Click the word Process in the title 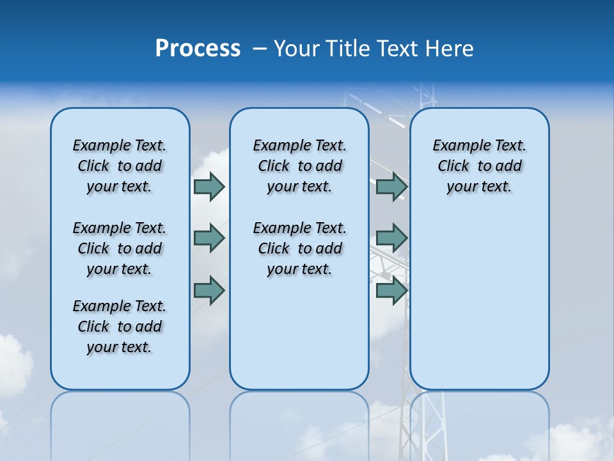pyautogui.click(x=198, y=49)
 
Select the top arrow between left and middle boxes pyautogui.click(x=209, y=186)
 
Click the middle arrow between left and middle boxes pyautogui.click(x=209, y=238)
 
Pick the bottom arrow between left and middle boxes pyautogui.click(x=209, y=291)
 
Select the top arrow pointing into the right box pyautogui.click(x=391, y=186)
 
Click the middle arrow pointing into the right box pyautogui.click(x=391, y=238)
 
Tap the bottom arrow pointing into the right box pyautogui.click(x=391, y=291)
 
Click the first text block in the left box pyautogui.click(x=120, y=166)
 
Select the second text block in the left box pyautogui.click(x=120, y=248)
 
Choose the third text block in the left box pyautogui.click(x=120, y=327)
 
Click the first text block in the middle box pyautogui.click(x=299, y=166)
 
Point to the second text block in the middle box pyautogui.click(x=299, y=248)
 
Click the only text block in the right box pyautogui.click(x=479, y=166)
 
